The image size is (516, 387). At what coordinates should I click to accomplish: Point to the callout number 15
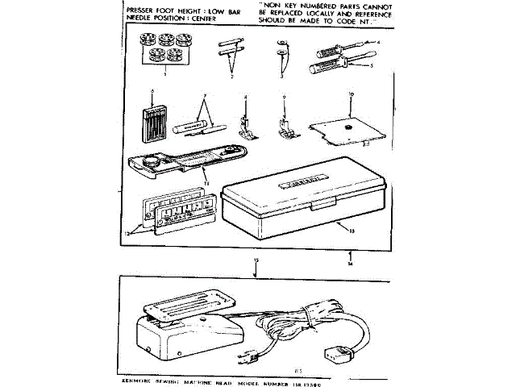coord(256,261)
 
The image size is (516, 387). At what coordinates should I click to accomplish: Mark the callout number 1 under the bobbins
coord(164,73)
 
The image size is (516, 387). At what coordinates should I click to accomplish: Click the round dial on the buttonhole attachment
coord(149,162)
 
